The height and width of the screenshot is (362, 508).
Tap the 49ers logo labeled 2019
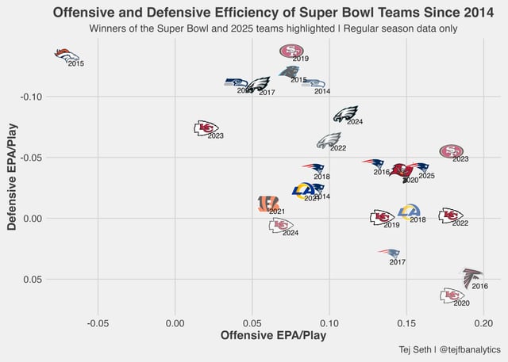(292, 51)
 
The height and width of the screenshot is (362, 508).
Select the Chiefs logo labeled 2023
(206, 128)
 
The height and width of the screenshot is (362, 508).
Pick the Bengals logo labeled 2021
(269, 204)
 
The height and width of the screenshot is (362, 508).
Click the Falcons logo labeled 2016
(472, 276)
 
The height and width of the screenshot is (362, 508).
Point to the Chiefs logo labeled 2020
(452, 295)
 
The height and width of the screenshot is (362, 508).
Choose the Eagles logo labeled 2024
(346, 114)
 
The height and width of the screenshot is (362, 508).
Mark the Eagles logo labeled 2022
(329, 141)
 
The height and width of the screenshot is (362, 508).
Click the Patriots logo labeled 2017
(389, 253)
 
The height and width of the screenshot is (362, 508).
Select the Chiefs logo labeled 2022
(451, 215)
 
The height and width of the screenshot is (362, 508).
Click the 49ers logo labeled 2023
(452, 151)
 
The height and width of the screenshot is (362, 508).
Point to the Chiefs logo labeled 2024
(281, 225)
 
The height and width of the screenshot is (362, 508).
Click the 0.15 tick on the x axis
(406, 324)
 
